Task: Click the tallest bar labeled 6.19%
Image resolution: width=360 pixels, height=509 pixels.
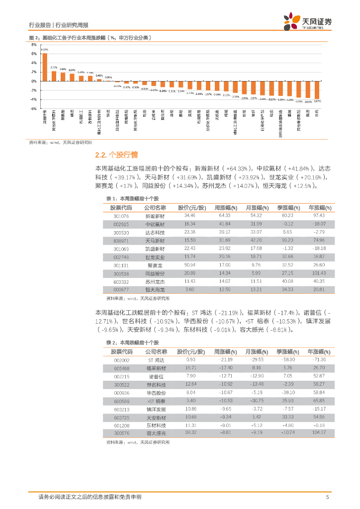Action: point(45,67)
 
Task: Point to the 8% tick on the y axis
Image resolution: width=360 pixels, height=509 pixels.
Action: point(34,45)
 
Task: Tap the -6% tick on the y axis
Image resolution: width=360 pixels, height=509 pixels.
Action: point(33,108)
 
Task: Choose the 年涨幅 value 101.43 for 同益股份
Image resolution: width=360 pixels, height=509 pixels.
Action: point(319,273)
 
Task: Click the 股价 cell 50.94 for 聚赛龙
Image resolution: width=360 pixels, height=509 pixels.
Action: point(189,265)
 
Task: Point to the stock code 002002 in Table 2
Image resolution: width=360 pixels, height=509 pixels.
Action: point(121,359)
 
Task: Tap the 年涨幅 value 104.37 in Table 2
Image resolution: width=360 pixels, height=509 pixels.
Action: point(319,433)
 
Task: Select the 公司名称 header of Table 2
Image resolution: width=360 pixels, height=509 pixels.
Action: point(157,351)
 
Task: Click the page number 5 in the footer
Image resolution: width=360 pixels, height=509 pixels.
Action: point(327,497)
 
